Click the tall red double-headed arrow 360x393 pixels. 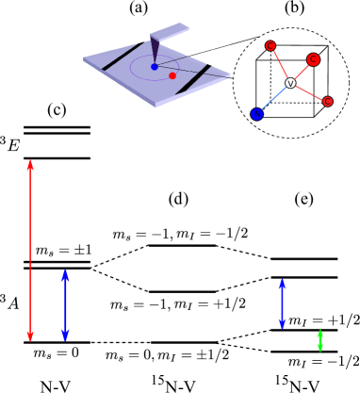(30, 250)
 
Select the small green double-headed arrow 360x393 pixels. (319, 339)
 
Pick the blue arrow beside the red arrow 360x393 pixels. (65, 304)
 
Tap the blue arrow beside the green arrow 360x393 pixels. (282, 303)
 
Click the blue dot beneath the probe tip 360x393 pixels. (155, 67)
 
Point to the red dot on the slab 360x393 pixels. (172, 75)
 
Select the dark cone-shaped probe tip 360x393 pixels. (155, 49)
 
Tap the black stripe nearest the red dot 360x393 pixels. (193, 80)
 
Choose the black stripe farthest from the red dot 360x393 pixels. (123, 57)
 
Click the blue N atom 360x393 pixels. (256, 114)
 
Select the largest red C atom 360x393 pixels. (313, 59)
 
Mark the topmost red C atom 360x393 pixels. (270, 45)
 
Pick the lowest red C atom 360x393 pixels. (328, 101)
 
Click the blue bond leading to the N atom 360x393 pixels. (273, 100)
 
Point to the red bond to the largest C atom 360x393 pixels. (301, 72)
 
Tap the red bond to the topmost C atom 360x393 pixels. (280, 65)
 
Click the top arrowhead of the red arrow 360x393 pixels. (30, 165)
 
